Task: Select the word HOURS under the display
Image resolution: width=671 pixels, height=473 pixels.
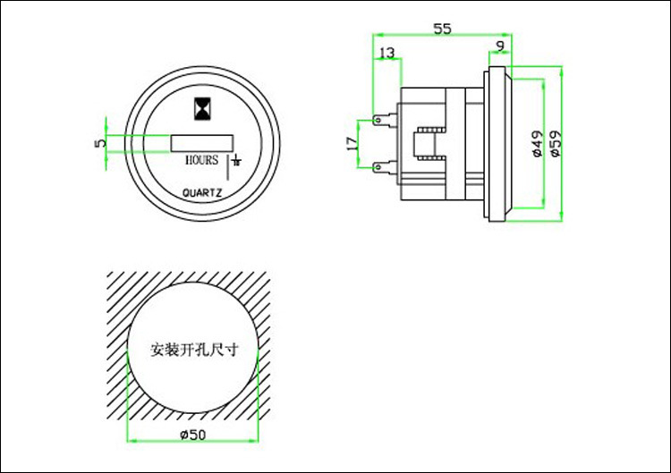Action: (201, 160)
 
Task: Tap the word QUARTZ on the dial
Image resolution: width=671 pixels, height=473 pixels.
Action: (202, 191)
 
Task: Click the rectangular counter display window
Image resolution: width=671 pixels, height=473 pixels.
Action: (201, 142)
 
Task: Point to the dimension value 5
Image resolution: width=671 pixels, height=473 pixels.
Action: (100, 141)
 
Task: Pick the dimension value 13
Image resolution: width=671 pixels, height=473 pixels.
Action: (386, 54)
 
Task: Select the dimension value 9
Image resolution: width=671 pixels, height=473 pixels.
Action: (499, 46)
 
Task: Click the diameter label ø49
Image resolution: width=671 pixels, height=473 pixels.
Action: (536, 143)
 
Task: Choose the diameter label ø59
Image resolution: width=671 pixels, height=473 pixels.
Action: (555, 143)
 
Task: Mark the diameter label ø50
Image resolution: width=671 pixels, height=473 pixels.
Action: (193, 435)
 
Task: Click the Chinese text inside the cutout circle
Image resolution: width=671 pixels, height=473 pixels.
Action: (193, 350)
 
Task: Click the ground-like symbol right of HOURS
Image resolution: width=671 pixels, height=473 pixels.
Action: (235, 162)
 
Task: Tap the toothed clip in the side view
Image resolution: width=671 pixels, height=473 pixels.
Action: (430, 143)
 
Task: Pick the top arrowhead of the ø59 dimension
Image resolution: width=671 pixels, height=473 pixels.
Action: (561, 68)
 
